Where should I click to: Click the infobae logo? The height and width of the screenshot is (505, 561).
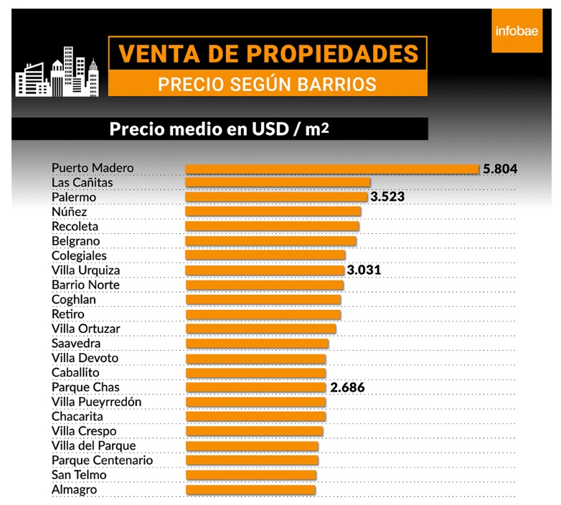517,31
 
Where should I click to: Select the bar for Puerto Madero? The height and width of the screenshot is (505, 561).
331,169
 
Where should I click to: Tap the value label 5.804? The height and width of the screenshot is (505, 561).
500,169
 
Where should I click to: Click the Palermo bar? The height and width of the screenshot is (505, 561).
276,197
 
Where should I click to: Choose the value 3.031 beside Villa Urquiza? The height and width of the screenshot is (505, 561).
364,270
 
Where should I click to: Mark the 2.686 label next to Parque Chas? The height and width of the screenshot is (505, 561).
347,387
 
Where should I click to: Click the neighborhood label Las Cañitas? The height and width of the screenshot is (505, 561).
82,183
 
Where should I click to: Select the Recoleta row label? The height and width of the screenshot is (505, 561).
75,227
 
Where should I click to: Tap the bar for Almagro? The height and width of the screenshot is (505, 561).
250,490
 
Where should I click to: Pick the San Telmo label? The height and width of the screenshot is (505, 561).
79,475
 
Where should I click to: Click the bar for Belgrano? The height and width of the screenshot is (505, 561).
270,241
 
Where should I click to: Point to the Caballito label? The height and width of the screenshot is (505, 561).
75,373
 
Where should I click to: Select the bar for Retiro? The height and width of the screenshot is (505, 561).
263,314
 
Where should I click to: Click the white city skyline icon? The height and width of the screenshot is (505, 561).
57,77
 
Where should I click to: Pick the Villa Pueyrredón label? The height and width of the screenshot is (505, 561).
96,402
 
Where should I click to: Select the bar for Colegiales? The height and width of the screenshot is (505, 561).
265,255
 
